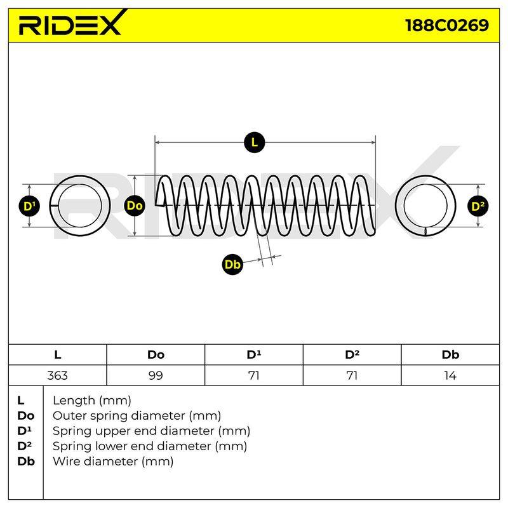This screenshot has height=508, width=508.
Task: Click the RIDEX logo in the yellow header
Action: point(71,23)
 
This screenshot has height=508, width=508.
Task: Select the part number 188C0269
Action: point(447,25)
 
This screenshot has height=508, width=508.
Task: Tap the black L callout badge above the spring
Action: point(255,142)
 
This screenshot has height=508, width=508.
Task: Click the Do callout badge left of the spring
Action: point(135,206)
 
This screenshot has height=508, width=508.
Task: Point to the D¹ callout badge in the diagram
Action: point(29,206)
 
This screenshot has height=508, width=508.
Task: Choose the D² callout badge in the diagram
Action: point(478,206)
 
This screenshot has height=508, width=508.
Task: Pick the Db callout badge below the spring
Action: point(232,264)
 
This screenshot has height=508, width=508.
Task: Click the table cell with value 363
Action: point(57,375)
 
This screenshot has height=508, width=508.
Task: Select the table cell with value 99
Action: point(156,375)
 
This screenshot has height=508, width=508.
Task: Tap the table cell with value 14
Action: point(450,375)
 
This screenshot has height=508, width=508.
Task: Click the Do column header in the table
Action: point(156,355)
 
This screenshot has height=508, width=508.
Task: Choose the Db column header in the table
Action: point(450,355)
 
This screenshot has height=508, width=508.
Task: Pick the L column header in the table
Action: point(57,355)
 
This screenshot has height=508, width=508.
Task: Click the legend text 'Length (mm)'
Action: point(92,401)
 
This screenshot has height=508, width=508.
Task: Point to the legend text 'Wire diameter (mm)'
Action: point(113,462)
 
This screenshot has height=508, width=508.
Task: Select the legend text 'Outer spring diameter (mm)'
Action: point(137,416)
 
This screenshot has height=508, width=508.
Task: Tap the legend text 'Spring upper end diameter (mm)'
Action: point(151,431)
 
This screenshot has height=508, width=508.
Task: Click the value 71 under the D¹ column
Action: point(253,375)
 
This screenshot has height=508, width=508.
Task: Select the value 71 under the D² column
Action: point(352,375)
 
